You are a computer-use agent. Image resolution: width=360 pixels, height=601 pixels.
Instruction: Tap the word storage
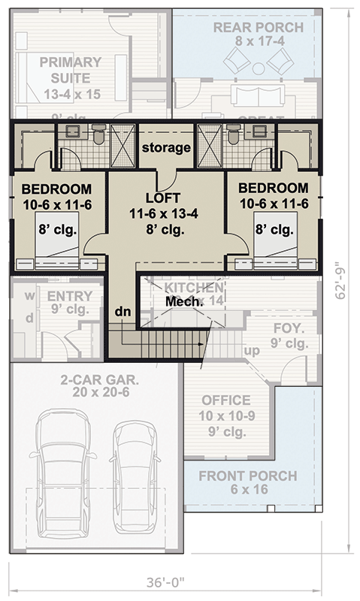[166, 147]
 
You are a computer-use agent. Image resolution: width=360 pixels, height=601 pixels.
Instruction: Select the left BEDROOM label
[56, 189]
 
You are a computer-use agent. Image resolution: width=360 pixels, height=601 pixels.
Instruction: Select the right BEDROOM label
[274, 188]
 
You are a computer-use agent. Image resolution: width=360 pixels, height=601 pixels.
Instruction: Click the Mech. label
[185, 300]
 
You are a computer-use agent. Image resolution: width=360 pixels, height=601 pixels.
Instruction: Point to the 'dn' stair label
[124, 311]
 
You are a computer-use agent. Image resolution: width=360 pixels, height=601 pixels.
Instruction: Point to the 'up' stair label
[253, 350]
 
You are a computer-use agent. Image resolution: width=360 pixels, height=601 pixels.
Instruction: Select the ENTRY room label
[69, 296]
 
